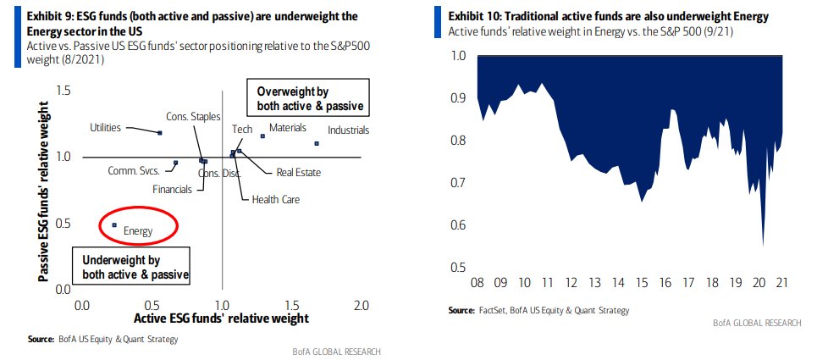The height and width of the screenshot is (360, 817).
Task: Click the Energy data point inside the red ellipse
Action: point(115,224)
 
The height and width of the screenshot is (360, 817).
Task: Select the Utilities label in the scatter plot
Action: point(105,128)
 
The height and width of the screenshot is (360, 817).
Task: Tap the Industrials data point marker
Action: point(316,143)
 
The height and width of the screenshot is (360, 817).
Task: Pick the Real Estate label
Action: point(298,172)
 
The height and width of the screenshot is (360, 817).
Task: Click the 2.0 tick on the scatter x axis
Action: point(362,305)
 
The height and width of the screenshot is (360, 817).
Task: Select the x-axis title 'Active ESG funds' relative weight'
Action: point(222,318)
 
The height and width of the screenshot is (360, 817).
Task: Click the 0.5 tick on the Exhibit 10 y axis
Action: point(459,268)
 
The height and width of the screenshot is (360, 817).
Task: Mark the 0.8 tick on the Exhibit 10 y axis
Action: point(459,141)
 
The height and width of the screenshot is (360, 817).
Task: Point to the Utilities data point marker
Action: point(159,133)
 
